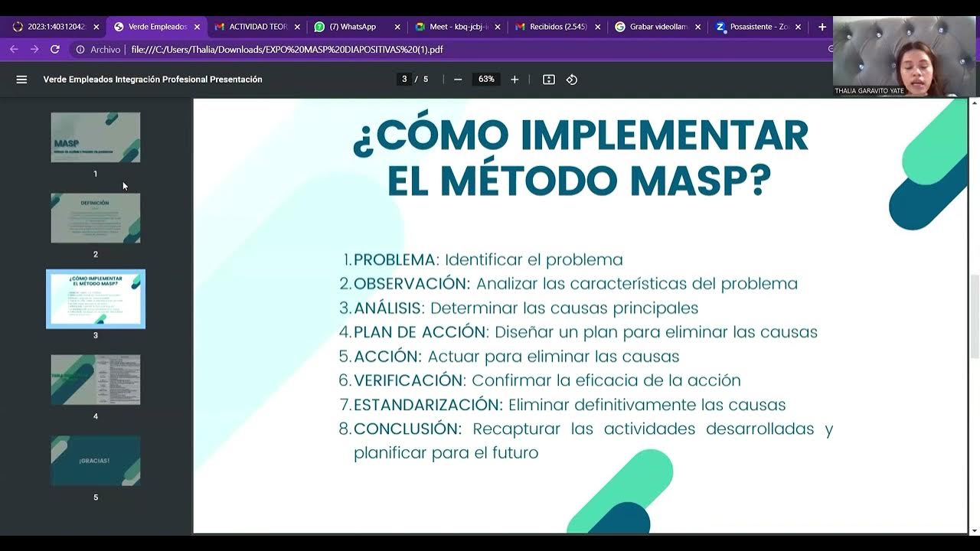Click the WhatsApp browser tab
point(352,27)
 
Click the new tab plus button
point(822,27)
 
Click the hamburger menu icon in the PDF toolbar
point(21,80)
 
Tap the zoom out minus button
point(458,80)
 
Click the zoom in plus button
point(514,80)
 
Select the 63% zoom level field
point(486,80)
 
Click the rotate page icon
point(572,80)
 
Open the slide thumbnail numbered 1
point(96,138)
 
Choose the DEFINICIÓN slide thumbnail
point(96,218)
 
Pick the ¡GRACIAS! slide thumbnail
point(96,461)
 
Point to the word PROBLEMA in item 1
point(394,259)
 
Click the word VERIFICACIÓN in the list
point(409,380)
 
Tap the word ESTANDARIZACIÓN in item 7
point(427,405)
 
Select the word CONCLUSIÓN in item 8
point(407,429)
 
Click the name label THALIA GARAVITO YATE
point(869,91)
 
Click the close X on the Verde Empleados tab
point(197,27)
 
